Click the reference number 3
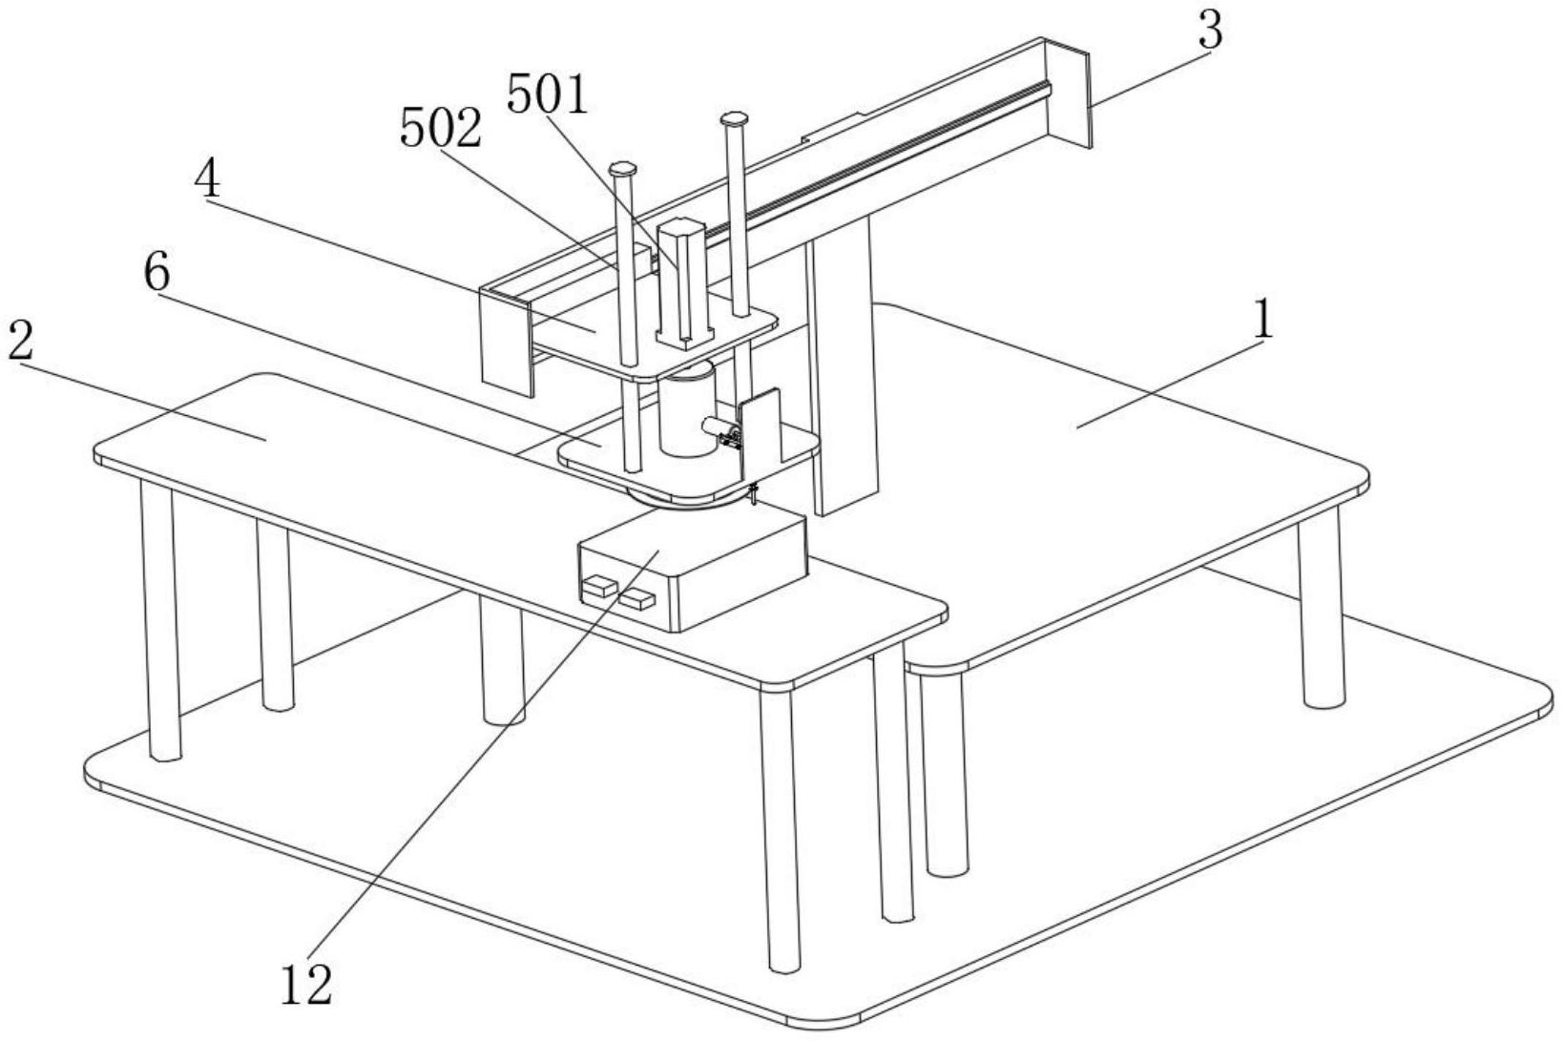tap(1209, 31)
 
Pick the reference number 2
tap(21, 341)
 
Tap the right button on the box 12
tap(636, 600)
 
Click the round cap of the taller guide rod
tap(734, 120)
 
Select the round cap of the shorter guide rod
tap(623, 169)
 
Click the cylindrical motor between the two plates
tap(684, 412)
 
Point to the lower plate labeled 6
tap(687, 468)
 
